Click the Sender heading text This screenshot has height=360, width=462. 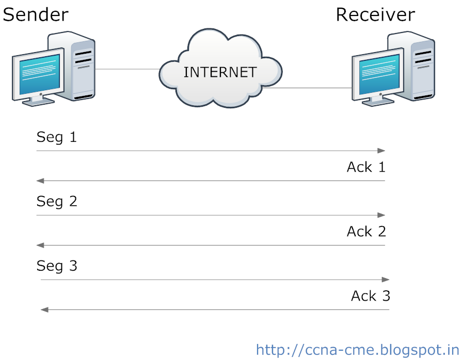(x=35, y=14)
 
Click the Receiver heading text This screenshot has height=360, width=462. (x=375, y=14)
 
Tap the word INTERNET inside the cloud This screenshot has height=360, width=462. (x=220, y=72)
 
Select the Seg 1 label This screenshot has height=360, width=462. (x=56, y=137)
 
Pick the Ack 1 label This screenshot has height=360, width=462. (x=366, y=167)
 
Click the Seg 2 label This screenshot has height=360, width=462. (x=57, y=201)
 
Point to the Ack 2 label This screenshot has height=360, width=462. (x=366, y=232)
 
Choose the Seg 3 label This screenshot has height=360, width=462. (x=57, y=266)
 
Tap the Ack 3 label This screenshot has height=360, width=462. (x=370, y=296)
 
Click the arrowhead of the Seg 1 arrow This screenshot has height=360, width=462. (x=382, y=151)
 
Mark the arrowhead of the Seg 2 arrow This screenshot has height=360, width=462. (x=382, y=215)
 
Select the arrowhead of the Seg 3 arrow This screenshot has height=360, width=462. (x=386, y=280)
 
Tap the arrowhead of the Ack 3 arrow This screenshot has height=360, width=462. (x=44, y=309)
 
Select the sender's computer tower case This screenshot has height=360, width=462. (x=81, y=64)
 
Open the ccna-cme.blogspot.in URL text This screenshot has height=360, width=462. (x=357, y=350)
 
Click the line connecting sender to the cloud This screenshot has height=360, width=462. (x=127, y=69)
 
